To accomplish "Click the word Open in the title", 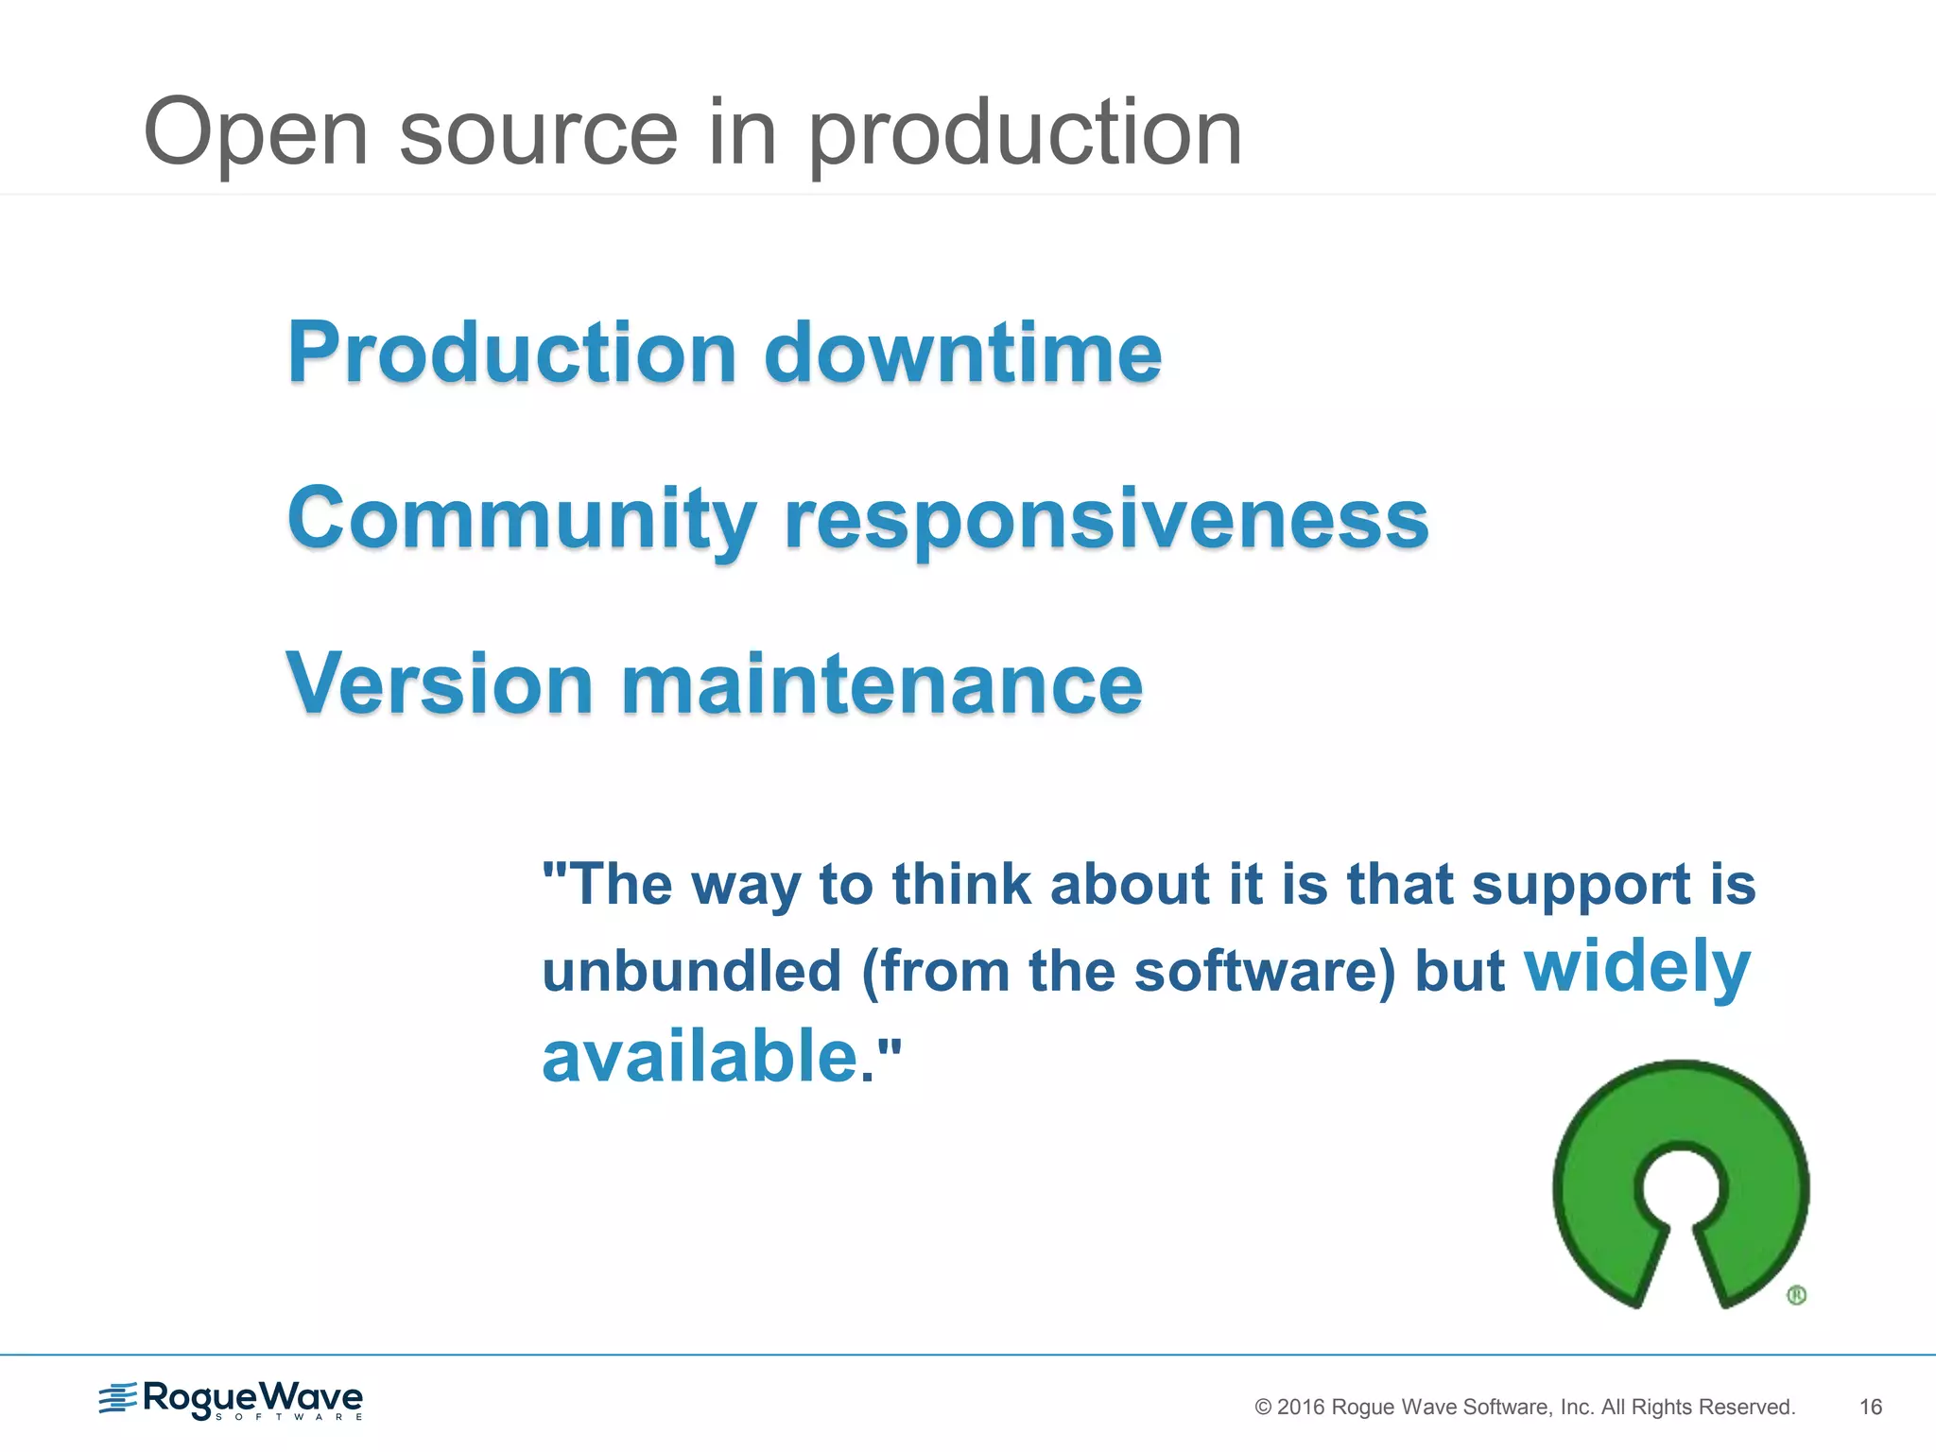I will pos(255,134).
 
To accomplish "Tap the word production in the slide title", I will pos(1025,134).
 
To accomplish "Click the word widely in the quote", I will pos(1637,966).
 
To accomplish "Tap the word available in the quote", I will pos(700,1056).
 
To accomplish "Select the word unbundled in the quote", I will pos(692,971).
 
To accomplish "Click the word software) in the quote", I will pos(1265,971).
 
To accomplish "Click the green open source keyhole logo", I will pos(1681,1182).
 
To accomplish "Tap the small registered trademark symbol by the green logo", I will pos(1797,1295).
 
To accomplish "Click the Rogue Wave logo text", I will pos(252,1397).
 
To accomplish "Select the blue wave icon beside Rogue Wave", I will pos(118,1398).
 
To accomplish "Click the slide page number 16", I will pos(1870,1407).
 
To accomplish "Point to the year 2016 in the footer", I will pos(1301,1407).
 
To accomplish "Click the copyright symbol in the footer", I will pos(1263,1407).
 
